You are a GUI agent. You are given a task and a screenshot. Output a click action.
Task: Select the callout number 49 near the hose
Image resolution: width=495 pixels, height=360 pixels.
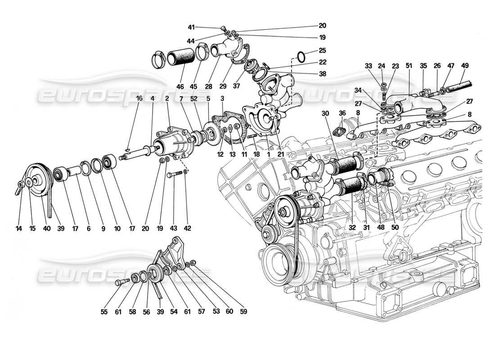[x=465, y=66]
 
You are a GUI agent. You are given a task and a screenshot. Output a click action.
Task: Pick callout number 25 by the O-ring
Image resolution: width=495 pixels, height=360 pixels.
[x=323, y=50]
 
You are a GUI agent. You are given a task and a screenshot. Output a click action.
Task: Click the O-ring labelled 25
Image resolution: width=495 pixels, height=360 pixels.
[x=301, y=57]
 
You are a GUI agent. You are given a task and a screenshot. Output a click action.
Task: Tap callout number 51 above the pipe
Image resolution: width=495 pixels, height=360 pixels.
[x=409, y=66]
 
